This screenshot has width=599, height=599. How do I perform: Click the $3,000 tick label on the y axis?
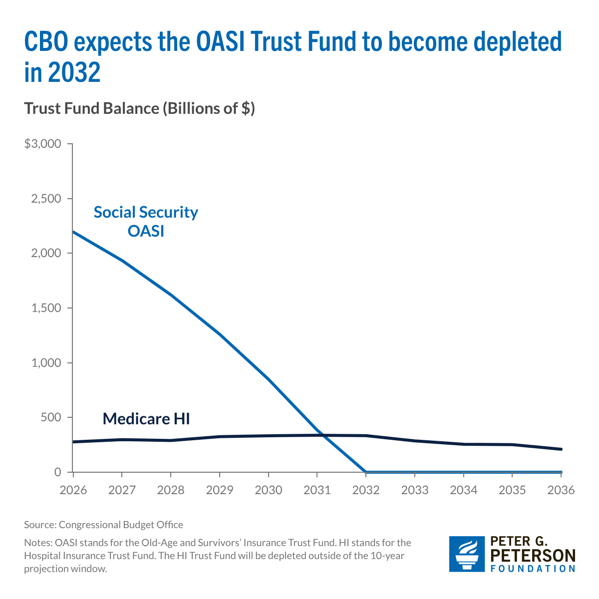coord(42,144)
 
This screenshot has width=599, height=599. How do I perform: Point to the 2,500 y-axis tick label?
coord(46,199)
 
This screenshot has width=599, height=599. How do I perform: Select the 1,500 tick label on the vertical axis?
coord(46,308)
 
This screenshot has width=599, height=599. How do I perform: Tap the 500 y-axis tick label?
coord(51,417)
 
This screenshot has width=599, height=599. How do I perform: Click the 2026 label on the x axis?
coord(73,490)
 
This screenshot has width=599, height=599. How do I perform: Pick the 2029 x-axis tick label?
coord(220,490)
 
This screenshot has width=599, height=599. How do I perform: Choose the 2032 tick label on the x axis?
coord(366,490)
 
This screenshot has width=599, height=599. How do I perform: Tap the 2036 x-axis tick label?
coord(561,490)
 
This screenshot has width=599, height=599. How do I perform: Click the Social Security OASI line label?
coord(146,222)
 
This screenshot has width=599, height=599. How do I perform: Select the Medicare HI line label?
coord(146,418)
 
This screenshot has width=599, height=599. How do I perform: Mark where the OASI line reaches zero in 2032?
coord(366,472)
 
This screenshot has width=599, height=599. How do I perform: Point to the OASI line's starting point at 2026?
coord(73,232)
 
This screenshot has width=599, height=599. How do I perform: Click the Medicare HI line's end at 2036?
coord(561,449)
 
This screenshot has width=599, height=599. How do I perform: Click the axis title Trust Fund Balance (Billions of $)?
coord(140,108)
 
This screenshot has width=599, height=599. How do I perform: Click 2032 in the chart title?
coord(75,73)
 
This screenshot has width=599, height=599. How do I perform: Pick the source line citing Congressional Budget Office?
coord(103,525)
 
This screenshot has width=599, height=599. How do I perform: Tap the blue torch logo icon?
coord(467,554)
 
